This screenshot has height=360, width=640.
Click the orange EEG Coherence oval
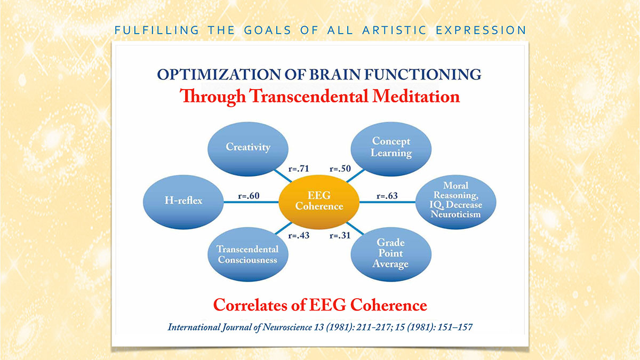pos(319,202)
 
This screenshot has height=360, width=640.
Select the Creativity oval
pos(248,149)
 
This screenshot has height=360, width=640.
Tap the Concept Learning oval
pos(391,149)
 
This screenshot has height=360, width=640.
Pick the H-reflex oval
pos(183,202)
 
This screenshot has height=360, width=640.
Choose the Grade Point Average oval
pos(391,254)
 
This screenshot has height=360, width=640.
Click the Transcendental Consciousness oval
pos(248,254)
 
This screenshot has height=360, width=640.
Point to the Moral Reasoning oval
pos(455,202)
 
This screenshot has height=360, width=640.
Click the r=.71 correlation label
pos(299,169)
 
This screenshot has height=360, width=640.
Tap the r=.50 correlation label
pos(340,169)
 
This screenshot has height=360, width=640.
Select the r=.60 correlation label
pos(249,196)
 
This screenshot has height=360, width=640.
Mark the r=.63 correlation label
pos(387,196)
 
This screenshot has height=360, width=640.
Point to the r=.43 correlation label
pos(299,235)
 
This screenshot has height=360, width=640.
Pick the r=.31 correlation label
pos(340,235)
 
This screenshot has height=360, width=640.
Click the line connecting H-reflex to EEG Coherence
pos(251,202)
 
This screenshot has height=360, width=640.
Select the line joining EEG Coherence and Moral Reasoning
pos(387,202)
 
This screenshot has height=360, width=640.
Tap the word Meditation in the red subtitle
pos(416,97)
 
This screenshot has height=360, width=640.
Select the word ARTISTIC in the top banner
pos(394,30)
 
